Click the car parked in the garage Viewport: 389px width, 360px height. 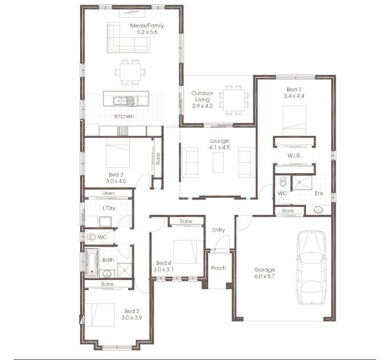point(311,269)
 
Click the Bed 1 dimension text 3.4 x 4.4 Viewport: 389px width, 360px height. point(294,96)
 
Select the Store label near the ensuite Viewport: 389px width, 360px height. point(288,211)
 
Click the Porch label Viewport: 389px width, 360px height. point(219,267)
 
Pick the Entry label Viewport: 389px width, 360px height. point(219,230)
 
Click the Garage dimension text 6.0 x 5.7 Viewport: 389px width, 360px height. point(265,277)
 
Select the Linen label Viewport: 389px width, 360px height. point(109,194)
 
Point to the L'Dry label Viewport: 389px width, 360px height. point(109,208)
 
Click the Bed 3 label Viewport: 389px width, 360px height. point(116,174)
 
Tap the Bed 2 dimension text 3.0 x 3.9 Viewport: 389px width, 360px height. point(131,317)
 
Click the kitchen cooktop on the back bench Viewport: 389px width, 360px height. point(123,131)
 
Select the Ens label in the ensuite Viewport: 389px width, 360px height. point(319,194)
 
